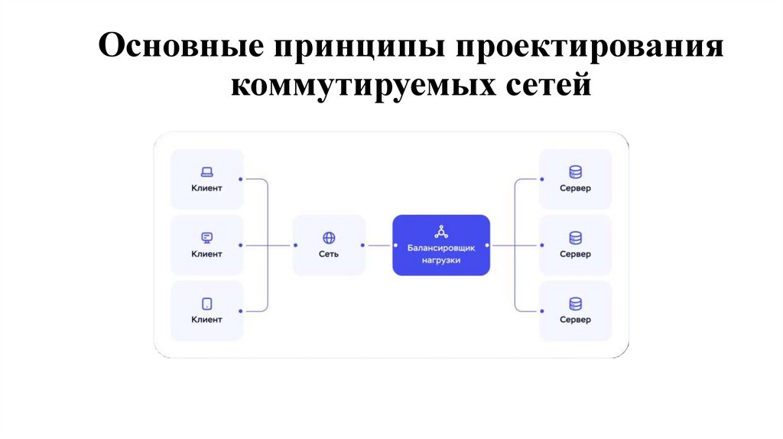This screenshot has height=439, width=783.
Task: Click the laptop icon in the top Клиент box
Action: (x=206, y=172)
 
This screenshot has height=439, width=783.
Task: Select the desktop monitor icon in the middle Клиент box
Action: (x=206, y=237)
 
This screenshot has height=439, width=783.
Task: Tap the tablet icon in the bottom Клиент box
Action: (x=206, y=304)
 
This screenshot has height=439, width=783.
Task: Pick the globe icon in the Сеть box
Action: (x=329, y=238)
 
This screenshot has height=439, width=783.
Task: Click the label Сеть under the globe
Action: (x=329, y=254)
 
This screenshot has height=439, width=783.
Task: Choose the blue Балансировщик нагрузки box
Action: (x=441, y=245)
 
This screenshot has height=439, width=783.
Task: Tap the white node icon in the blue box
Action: (x=441, y=231)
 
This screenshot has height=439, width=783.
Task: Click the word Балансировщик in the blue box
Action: (x=441, y=248)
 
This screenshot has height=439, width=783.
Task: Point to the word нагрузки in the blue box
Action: (x=441, y=260)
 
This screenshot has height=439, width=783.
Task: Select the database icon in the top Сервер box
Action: (x=575, y=172)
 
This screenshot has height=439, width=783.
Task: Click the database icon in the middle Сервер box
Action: (x=575, y=238)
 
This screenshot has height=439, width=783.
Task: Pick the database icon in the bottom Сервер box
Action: (x=575, y=304)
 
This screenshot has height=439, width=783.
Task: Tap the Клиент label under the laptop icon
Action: (x=206, y=187)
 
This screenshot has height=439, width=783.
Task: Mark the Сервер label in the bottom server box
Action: (x=575, y=320)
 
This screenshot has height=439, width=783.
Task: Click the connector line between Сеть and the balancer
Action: (x=379, y=246)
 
